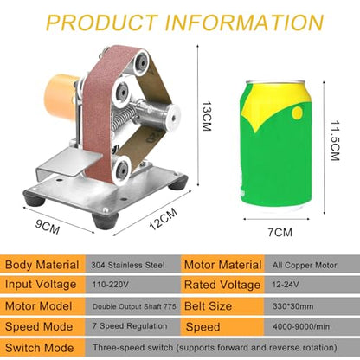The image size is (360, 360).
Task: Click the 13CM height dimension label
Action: (207, 116)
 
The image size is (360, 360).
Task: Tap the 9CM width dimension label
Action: (48, 227)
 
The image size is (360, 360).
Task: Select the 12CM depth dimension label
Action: (164, 219)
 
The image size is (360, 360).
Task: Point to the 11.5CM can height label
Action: (335, 140)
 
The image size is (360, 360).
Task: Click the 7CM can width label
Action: (280, 232)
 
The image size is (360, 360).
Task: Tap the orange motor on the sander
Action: (60, 96)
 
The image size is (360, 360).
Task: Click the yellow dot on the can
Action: (297, 113)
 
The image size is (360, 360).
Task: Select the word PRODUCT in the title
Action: (102, 22)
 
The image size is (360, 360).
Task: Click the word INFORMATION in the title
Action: (244, 22)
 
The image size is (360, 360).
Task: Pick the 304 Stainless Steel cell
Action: (128, 265)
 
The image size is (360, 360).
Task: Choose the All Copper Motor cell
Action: (305, 265)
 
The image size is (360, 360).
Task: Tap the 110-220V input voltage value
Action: (110, 285)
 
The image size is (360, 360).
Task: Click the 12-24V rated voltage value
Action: (286, 285)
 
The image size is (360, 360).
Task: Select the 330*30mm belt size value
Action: (293, 306)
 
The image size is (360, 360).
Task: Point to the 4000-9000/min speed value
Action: (301, 326)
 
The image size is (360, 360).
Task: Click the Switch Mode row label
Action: (39, 348)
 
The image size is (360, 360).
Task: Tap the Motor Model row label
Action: (38, 306)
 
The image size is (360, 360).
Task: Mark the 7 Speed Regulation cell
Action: (130, 326)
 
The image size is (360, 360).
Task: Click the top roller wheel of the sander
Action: (141, 62)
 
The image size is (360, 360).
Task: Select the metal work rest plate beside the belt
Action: (70, 163)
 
